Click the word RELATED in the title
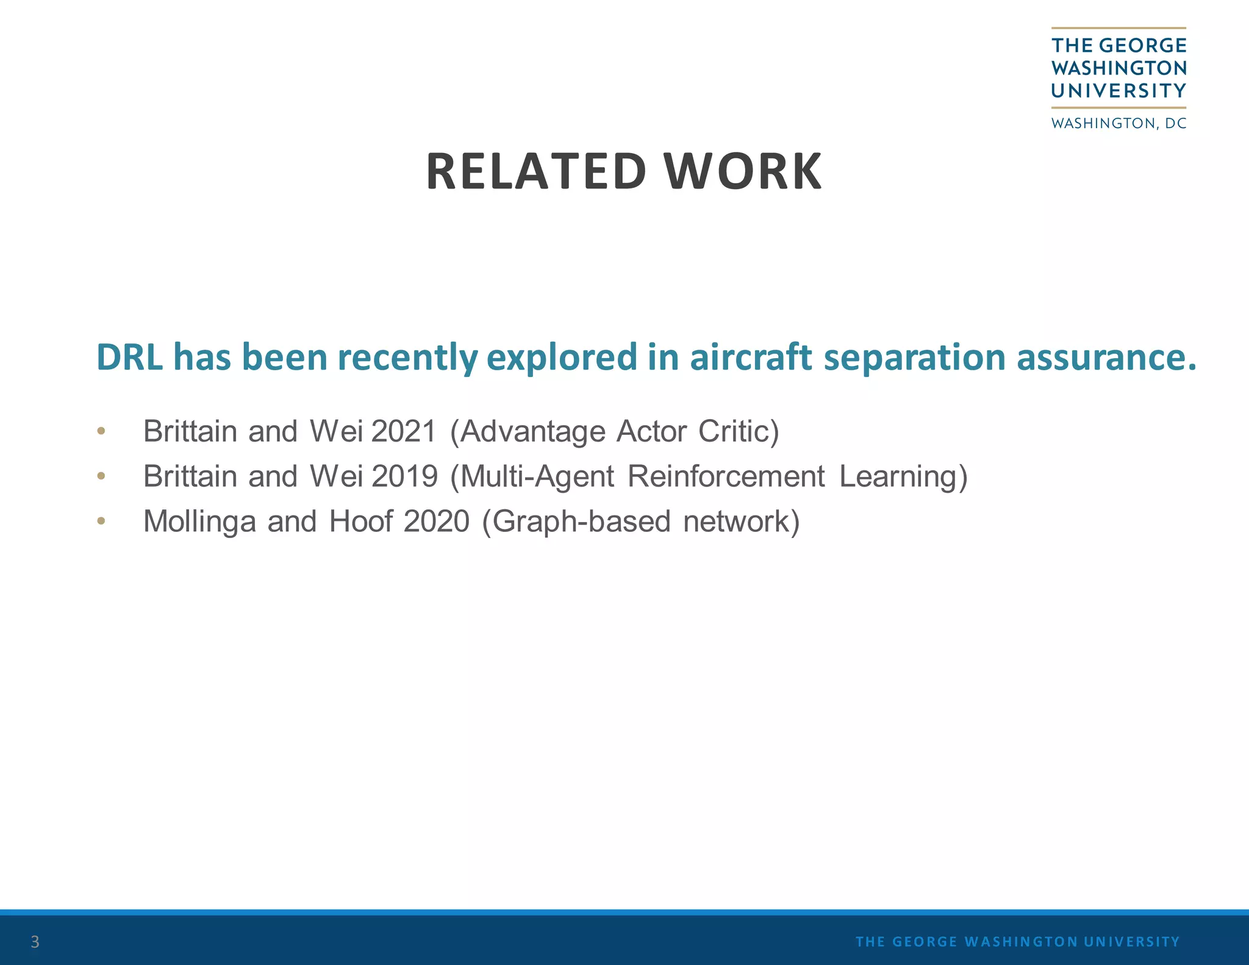click(535, 171)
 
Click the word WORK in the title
click(743, 171)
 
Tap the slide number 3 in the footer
click(35, 942)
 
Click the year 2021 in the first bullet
click(404, 431)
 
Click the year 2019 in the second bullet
click(404, 476)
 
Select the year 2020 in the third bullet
click(436, 522)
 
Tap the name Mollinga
click(199, 522)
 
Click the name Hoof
click(360, 522)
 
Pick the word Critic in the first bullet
click(739, 431)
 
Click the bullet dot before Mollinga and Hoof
click(101, 521)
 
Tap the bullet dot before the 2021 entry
click(101, 431)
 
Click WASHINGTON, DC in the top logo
click(1118, 123)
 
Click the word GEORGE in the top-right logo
click(1143, 45)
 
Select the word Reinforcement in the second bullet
click(726, 476)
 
